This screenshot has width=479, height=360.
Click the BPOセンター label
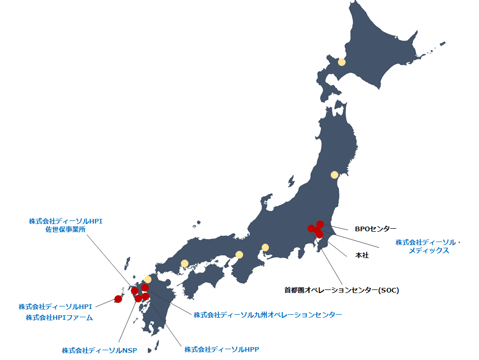point(375,228)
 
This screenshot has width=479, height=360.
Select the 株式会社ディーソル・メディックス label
point(429,246)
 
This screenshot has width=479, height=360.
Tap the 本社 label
point(362,255)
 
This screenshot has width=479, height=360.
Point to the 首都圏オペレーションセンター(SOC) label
point(341,290)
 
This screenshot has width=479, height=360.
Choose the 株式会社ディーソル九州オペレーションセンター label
point(267,314)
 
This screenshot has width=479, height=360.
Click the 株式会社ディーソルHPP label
point(221,349)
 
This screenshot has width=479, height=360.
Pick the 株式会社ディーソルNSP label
point(99,350)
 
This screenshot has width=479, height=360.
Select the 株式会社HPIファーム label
point(59,317)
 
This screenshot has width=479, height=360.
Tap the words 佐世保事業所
point(65,230)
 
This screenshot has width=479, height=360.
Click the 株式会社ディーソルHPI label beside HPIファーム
point(55,306)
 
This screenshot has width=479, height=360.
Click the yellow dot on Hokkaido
point(341,63)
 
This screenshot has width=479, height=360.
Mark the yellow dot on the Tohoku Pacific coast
point(334,175)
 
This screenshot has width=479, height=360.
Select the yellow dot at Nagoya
point(265,247)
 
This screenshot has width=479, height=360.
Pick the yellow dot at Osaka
point(239,254)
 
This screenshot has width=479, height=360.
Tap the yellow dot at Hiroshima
point(184,264)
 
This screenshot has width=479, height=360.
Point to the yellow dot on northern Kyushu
point(148,279)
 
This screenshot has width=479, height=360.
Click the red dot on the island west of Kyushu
point(118,299)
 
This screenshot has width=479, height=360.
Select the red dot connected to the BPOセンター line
point(320,224)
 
